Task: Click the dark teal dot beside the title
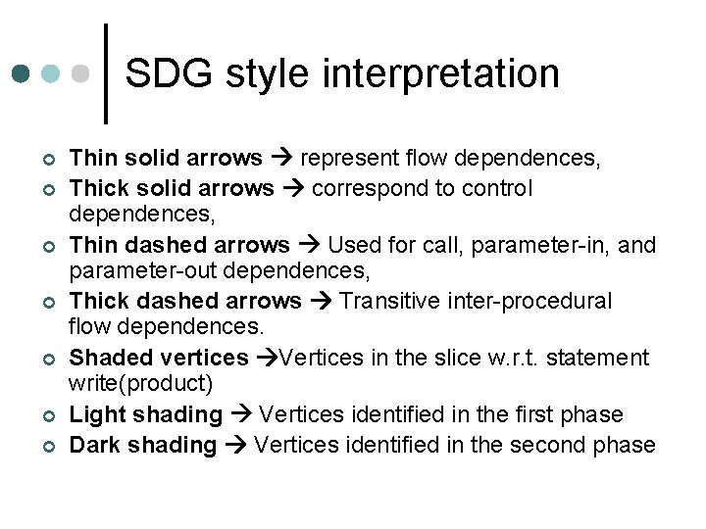point(22,73)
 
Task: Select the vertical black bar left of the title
point(105,73)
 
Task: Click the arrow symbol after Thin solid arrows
point(281,159)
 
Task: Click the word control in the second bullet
point(499,187)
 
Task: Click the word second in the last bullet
point(558,445)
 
